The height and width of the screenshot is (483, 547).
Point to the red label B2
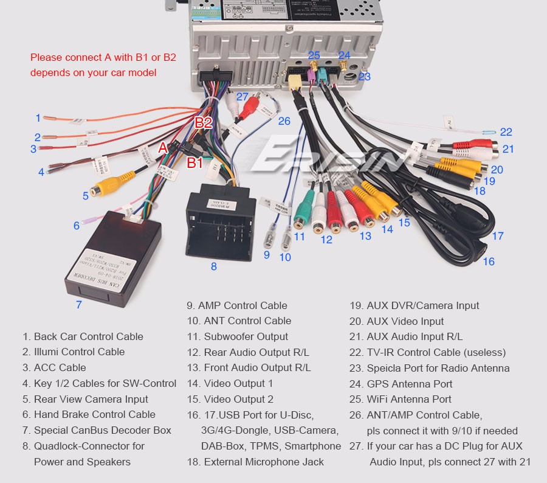204,123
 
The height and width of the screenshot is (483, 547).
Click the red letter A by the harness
162,147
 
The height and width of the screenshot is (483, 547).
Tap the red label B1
194,162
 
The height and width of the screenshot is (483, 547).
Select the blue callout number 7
78,305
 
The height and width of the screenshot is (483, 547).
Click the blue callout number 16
489,262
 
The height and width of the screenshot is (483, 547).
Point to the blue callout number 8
214,266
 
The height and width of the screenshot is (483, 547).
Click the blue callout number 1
38,118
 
